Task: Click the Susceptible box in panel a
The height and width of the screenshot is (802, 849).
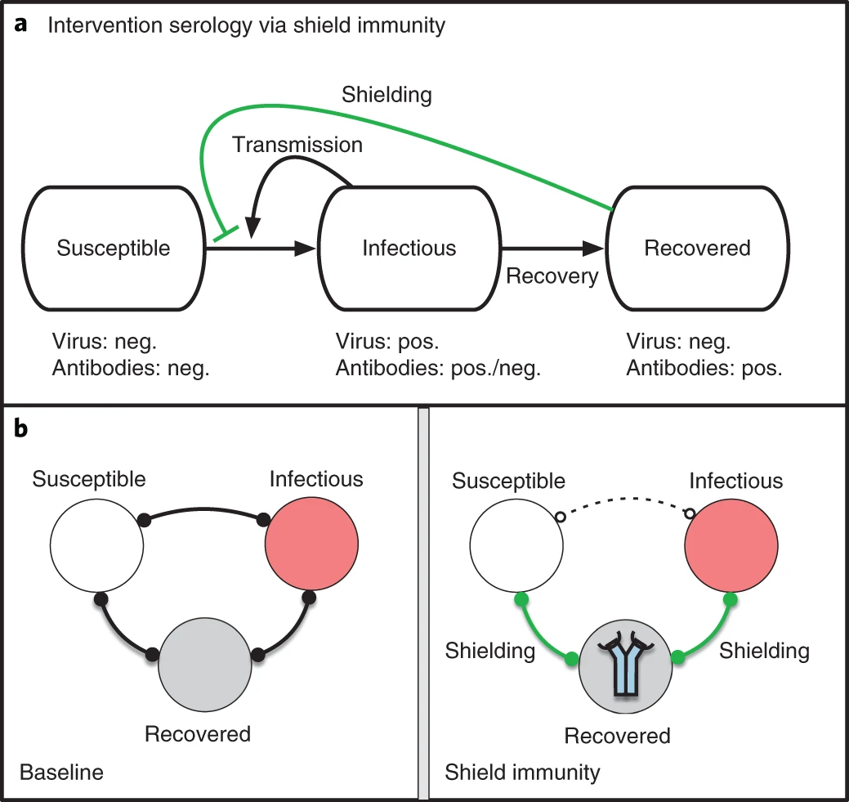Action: pos(114,248)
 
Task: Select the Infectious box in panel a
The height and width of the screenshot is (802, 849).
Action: pos(409,248)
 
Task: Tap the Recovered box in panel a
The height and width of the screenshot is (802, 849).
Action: pos(697,248)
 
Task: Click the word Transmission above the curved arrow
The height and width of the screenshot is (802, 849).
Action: pos(297,145)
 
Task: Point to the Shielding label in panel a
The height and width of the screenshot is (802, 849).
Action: pos(386,95)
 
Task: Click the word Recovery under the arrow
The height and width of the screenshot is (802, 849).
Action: pos(552,276)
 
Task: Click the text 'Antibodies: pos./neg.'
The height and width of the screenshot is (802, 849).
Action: pos(438,368)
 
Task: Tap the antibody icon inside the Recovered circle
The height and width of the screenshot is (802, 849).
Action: pos(626,665)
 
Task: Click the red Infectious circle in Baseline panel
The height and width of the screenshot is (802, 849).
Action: pos(311,544)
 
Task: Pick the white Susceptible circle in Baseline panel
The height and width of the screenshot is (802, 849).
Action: pos(96,544)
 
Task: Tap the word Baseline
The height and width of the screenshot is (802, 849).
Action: pos(61,771)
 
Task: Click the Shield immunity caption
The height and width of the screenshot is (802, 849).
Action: pos(522,771)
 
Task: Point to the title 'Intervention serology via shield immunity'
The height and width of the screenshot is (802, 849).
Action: pos(247,25)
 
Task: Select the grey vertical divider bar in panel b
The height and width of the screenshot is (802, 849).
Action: pos(423,605)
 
